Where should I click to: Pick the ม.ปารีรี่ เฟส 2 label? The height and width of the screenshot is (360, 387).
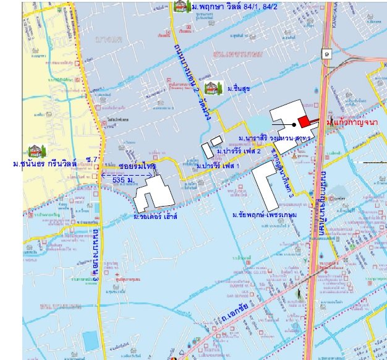tap(239, 151)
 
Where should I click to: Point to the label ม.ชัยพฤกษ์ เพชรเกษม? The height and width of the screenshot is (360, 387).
tap(265, 215)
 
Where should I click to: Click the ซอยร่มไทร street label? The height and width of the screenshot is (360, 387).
tap(138, 167)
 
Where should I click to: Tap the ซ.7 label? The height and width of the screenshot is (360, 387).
tap(93, 161)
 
